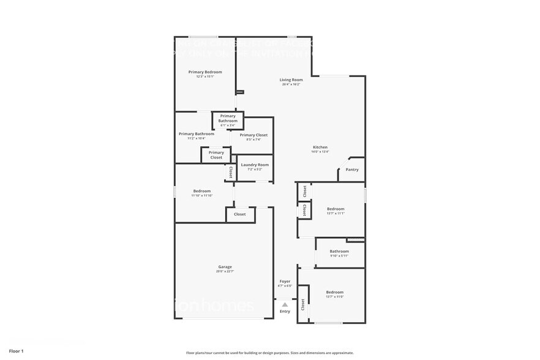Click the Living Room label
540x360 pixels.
click(291, 80)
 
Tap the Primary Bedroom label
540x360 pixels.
click(205, 72)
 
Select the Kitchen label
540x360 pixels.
click(320, 148)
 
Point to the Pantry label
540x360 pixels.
click(352, 170)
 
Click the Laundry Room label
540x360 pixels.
click(255, 165)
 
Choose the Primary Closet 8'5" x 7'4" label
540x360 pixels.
click(253, 135)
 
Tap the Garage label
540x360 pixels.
click(225, 266)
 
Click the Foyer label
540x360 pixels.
click(285, 281)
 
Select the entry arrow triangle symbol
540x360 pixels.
click(285, 304)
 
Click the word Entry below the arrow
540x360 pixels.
click(285, 312)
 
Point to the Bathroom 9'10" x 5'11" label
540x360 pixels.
click(339, 251)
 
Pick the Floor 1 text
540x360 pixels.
click(16, 351)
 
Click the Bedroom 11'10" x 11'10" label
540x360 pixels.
click(202, 191)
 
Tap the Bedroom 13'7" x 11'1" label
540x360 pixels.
click(336, 209)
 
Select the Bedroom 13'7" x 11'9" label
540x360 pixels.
click(334, 292)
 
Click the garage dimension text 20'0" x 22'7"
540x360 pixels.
click(225, 271)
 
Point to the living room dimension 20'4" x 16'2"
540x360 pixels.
click(291, 84)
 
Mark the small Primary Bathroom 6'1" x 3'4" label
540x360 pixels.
click(228, 119)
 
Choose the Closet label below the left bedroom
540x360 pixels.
click(240, 214)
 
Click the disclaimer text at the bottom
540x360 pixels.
click(270, 353)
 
